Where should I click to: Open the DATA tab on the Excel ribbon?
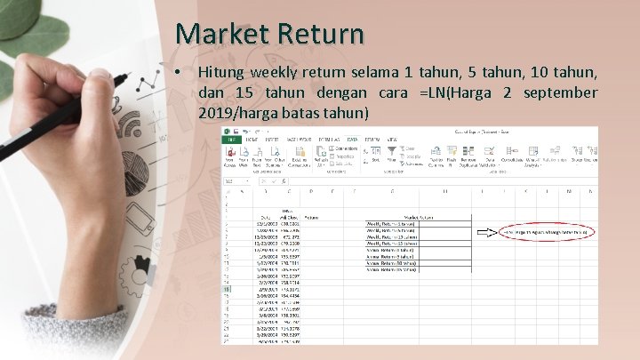point(352,140)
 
